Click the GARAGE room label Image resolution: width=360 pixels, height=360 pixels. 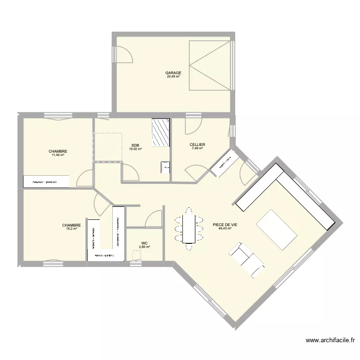(173, 73)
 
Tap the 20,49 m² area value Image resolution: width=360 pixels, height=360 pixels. (173, 77)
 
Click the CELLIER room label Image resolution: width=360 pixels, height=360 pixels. (197, 144)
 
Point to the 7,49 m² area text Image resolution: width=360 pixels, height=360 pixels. (197, 148)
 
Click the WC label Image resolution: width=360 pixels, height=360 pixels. (144, 243)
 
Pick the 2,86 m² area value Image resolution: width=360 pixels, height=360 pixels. (144, 247)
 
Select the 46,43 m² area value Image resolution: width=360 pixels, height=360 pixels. (225, 228)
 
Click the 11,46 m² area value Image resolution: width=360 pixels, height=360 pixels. (58, 155)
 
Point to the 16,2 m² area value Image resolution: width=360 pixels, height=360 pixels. (71, 229)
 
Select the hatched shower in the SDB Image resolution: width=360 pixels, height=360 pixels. (161, 133)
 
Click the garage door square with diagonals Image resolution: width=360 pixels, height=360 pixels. (210, 65)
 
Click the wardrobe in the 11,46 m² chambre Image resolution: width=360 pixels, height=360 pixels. (46, 182)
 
